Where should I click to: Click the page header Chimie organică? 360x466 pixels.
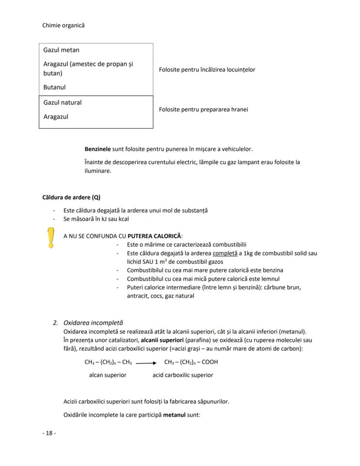63,25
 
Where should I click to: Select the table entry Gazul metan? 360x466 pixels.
61,50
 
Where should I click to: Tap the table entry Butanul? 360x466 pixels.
54,87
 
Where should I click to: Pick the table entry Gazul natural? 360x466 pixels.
62,103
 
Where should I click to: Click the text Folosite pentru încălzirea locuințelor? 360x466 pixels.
207,70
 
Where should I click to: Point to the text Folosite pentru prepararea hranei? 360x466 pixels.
203,109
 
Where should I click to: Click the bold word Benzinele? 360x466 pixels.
98,149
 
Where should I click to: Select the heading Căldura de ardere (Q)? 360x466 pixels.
71,197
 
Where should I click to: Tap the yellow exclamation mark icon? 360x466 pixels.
51,238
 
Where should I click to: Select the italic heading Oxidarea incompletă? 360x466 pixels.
93,323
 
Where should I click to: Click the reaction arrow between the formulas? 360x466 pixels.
146,362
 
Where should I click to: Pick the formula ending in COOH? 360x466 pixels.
191,362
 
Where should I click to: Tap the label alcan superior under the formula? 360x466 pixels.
107,375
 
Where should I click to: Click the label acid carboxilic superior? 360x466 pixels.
183,375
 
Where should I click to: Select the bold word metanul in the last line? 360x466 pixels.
174,415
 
